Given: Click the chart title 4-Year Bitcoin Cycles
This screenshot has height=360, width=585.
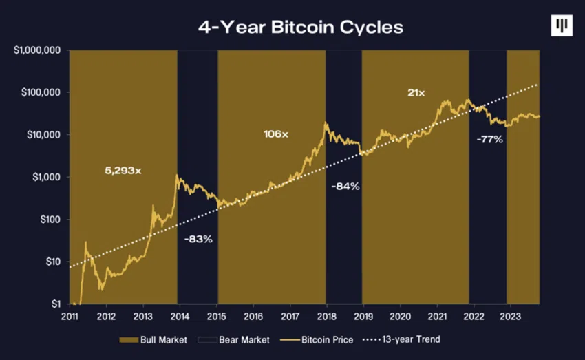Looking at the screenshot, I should [301, 28].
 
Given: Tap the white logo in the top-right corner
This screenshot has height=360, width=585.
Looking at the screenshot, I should [562, 26].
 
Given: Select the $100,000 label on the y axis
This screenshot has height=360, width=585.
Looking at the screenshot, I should [40, 92].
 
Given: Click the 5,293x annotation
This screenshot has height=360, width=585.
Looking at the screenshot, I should [123, 170].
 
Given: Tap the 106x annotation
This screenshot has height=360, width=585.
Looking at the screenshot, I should [275, 134].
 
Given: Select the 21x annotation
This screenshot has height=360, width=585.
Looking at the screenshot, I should [416, 92].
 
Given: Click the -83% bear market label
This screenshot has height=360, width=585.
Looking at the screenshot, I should [198, 239].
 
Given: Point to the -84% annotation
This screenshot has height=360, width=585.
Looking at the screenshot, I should [345, 187].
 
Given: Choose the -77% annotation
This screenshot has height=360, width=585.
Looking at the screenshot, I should [489, 139].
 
